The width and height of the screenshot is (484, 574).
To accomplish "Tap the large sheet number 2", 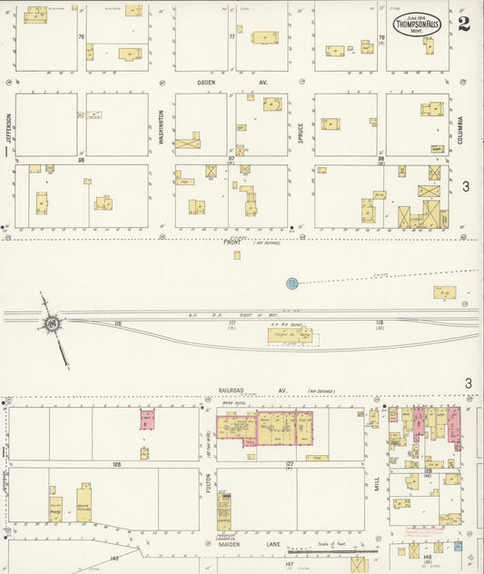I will [x=464, y=23].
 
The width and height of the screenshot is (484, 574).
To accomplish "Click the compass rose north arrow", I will [x=53, y=323].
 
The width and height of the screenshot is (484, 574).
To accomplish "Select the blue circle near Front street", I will [x=292, y=283].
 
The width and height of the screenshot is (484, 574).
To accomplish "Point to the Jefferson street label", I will [x=8, y=127].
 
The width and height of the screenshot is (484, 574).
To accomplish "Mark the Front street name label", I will [x=232, y=242].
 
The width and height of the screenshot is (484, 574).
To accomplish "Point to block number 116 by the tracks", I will [x=117, y=323].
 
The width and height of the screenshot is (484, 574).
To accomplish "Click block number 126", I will [x=116, y=464].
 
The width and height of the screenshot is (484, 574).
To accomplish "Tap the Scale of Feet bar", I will [x=318, y=549].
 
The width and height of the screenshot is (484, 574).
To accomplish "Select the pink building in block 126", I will [x=145, y=419].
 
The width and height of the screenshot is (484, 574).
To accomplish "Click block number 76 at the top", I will [x=81, y=37].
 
